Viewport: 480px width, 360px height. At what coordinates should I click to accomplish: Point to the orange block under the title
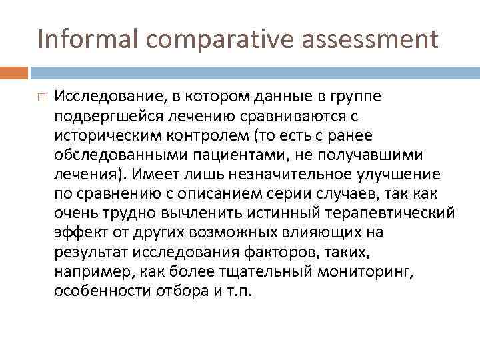(x=14, y=73)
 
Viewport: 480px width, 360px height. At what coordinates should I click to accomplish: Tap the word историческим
(x=100, y=136)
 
